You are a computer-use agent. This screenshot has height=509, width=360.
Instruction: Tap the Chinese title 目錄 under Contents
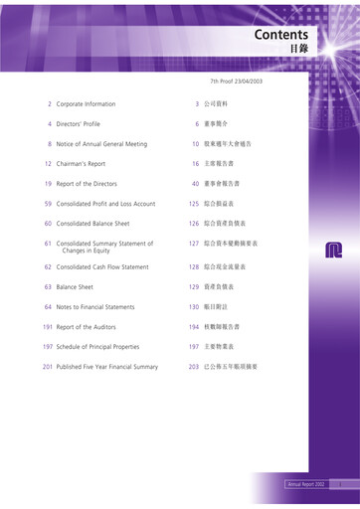(x=297, y=48)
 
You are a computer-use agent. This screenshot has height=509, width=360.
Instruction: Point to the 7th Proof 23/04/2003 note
(x=236, y=81)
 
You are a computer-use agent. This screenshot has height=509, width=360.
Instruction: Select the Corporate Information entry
(x=86, y=103)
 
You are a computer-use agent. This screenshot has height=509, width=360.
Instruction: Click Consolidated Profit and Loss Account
(x=105, y=204)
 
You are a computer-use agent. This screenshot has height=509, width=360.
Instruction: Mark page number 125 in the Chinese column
(x=194, y=204)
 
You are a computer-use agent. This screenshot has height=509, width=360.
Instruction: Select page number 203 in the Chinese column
(x=194, y=367)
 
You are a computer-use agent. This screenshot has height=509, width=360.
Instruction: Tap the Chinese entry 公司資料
(x=218, y=103)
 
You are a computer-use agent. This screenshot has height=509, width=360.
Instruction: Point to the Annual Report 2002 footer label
(x=306, y=484)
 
